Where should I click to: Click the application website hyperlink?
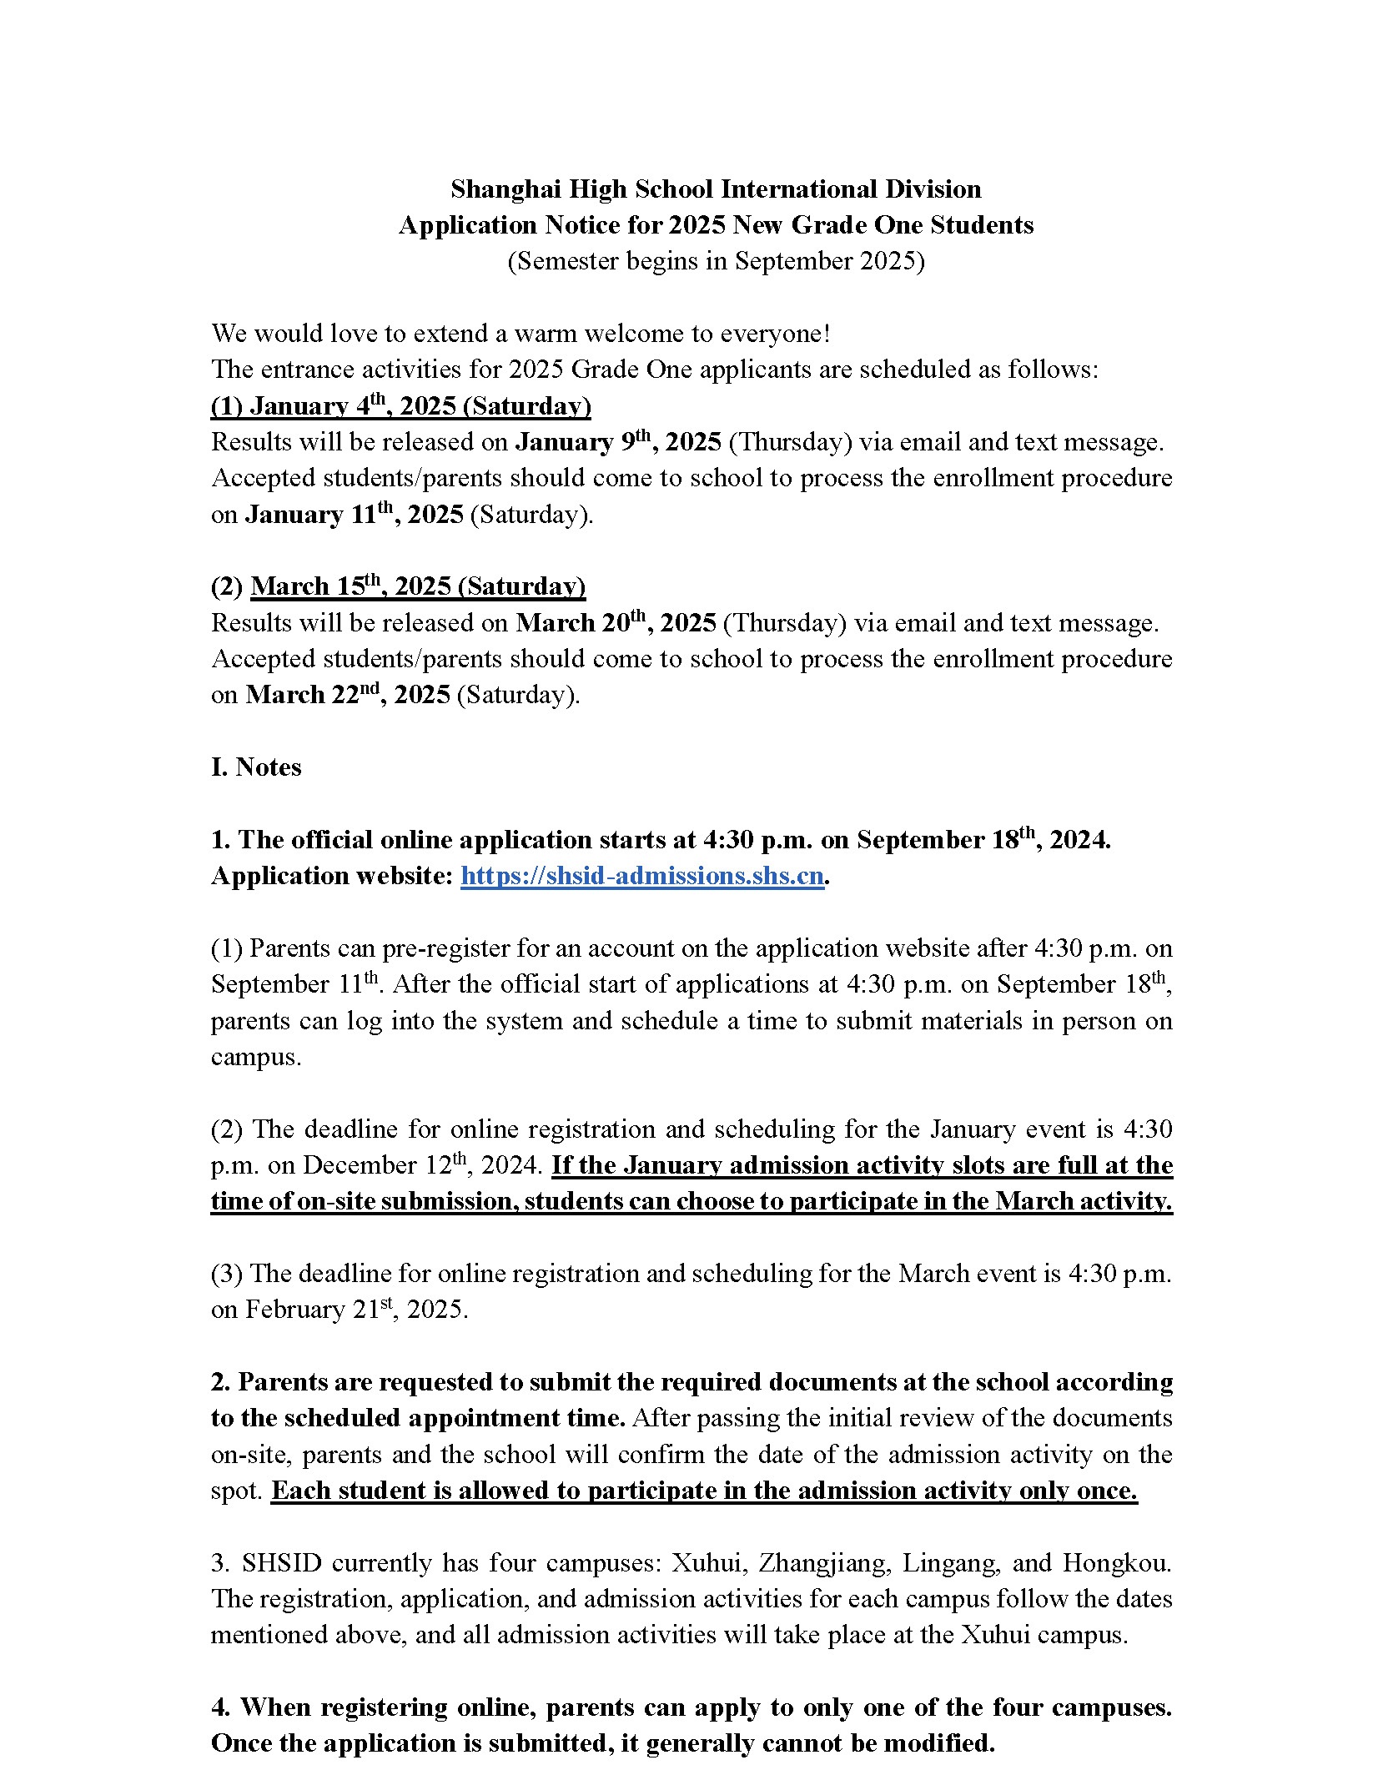point(642,876)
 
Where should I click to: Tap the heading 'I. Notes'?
point(256,767)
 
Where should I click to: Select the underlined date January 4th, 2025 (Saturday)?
point(401,406)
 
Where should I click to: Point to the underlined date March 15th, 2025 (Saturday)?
point(418,586)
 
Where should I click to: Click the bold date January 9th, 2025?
point(618,442)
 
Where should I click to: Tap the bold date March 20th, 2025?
point(616,623)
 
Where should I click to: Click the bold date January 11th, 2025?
point(354,515)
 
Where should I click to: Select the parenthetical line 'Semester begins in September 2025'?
point(716,261)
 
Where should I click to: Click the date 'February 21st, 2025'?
point(356,1310)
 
